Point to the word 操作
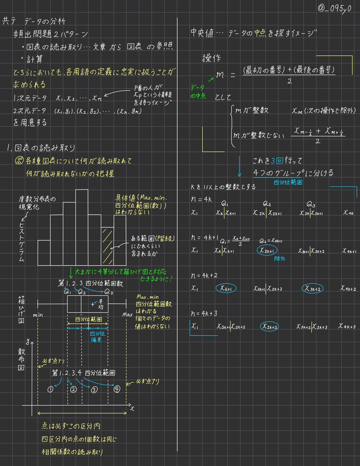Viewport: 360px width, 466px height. coord(211,58)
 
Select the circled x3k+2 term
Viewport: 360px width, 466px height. coord(313,288)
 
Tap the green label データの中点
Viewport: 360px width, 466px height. coord(199,91)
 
